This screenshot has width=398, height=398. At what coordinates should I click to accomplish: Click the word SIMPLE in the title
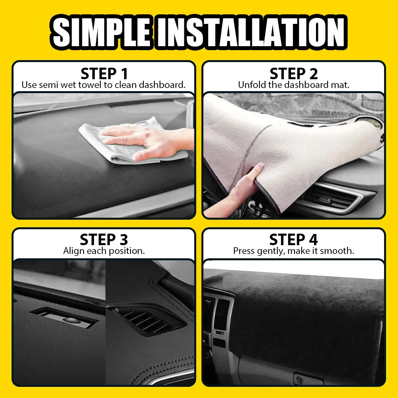tap(101, 32)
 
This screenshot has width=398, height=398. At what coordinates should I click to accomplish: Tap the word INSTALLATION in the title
tap(250, 32)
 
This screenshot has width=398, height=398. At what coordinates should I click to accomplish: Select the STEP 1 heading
tap(104, 74)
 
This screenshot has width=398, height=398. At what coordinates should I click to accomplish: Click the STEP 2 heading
tap(294, 74)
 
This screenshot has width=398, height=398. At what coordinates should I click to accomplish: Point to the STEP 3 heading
tap(104, 239)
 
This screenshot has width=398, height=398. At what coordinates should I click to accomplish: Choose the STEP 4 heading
tap(293, 239)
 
